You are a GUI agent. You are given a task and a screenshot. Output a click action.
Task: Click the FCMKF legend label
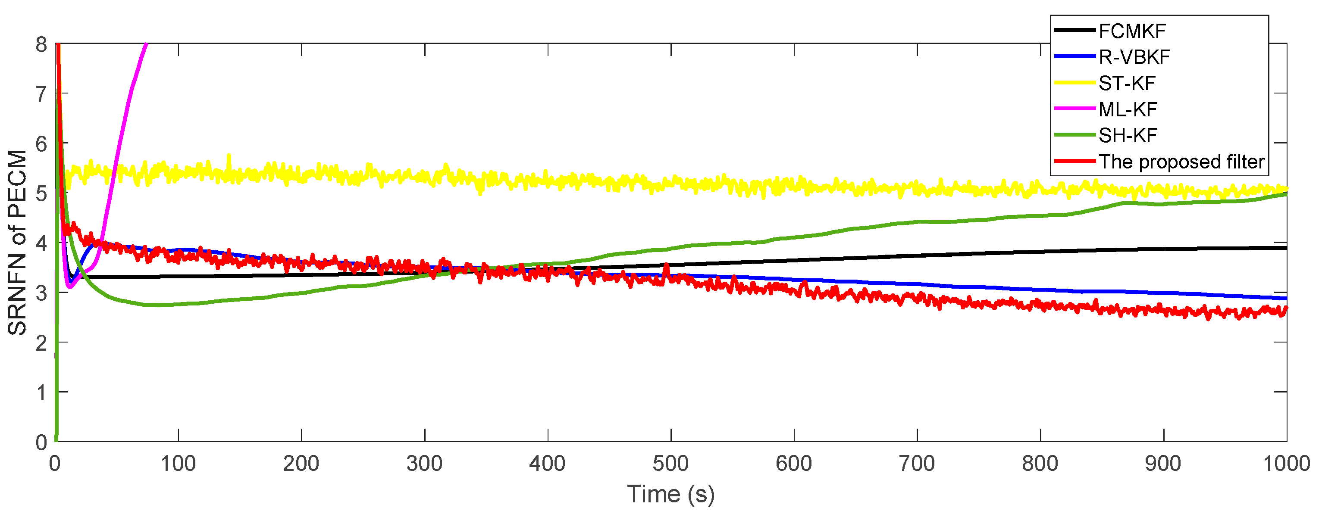coord(1132,31)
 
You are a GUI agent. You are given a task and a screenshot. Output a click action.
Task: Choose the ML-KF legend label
coord(1128,109)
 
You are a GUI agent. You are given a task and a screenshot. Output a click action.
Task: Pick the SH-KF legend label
coord(1128,135)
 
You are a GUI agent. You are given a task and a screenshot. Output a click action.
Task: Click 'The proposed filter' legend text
coord(1181,162)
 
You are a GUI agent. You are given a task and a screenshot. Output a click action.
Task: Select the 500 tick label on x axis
coord(671,464)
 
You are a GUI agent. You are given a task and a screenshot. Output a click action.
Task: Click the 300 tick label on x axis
coord(424,464)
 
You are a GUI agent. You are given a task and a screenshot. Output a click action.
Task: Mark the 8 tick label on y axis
coord(41,45)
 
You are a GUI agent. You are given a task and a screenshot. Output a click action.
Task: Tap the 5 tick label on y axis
coord(41,194)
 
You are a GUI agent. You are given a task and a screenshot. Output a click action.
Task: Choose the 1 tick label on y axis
coord(41,393)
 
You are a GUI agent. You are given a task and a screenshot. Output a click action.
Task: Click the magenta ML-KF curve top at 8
coord(146,45)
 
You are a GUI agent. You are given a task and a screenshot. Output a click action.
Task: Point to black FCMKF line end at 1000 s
coord(1285,248)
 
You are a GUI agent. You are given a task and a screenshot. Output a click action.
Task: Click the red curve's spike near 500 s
coord(667,266)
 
